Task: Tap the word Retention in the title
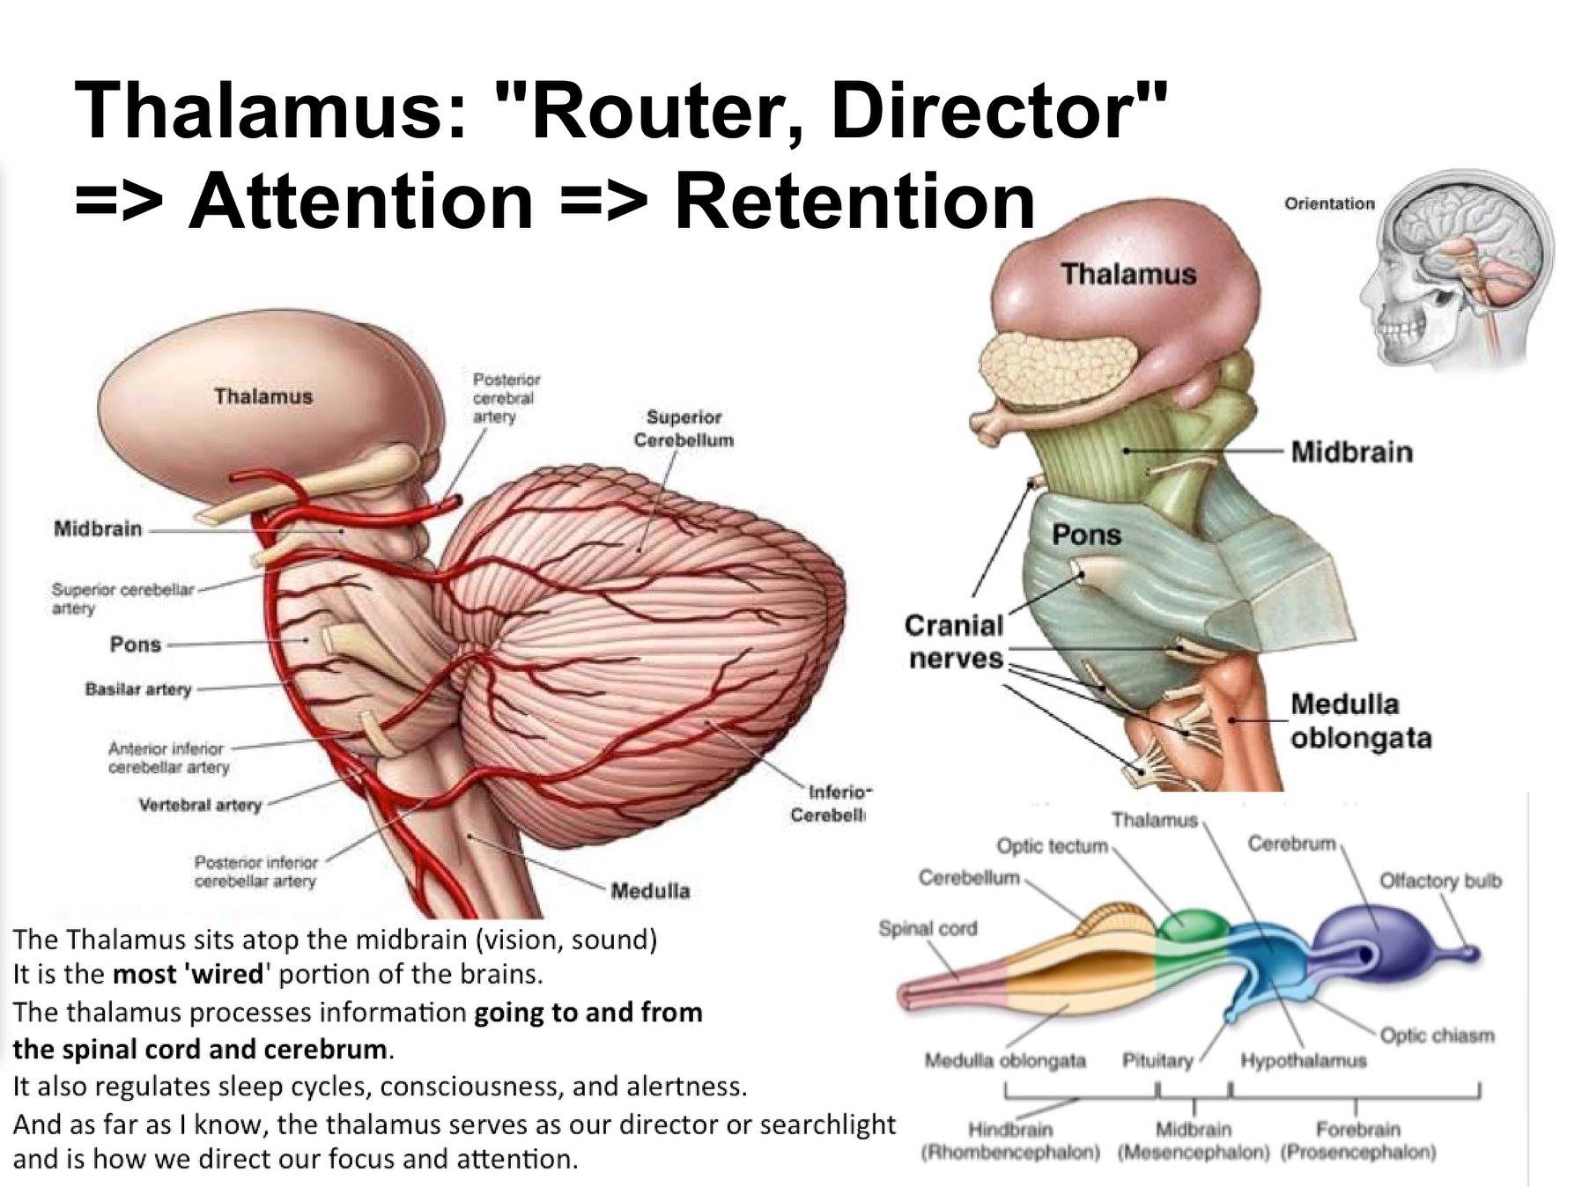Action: (854, 201)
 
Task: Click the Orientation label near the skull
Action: (1328, 203)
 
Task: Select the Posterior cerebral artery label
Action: (506, 397)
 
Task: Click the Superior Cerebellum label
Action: (684, 428)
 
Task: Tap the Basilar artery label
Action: (137, 689)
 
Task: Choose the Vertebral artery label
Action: (200, 805)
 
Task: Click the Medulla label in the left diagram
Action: (650, 890)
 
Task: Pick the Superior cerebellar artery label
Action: (122, 598)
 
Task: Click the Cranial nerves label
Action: (955, 641)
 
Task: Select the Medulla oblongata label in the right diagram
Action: (1360, 720)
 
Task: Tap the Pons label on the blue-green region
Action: (1086, 535)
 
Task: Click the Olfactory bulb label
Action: (1439, 880)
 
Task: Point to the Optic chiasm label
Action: (1437, 1035)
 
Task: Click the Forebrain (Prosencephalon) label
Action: (1357, 1140)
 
